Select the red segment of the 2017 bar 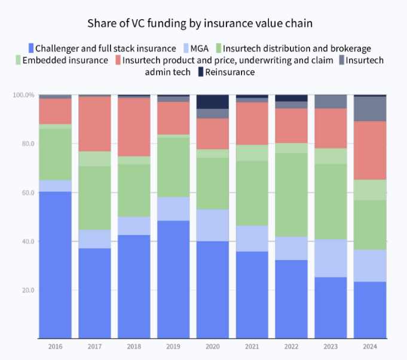94,124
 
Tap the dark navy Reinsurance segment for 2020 213,101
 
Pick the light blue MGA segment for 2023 331,258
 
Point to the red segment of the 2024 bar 370,150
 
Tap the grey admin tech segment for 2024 370,108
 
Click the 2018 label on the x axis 134,346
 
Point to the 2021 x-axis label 252,346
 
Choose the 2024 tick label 370,346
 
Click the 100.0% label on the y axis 24,95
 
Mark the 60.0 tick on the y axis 27,193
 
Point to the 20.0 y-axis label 27,290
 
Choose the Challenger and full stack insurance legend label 105,48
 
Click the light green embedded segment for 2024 370,190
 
